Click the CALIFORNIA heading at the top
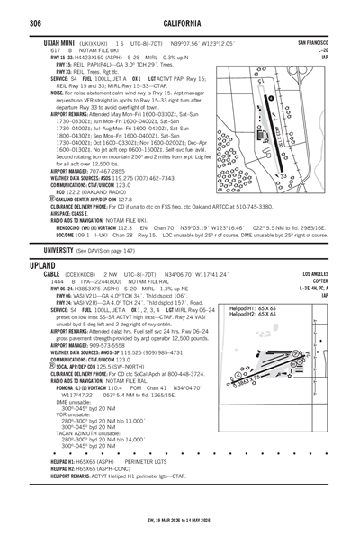click(180, 22)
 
